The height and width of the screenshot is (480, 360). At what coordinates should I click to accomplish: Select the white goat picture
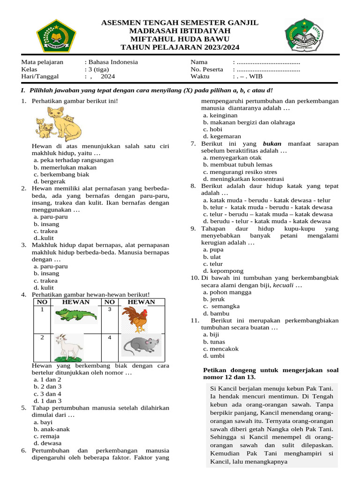pyautogui.click(x=68, y=347)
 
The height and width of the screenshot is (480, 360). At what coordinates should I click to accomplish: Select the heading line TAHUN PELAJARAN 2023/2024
pyautogui.click(x=180, y=47)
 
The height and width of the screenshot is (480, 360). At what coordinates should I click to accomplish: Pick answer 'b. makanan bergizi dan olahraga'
pyautogui.click(x=249, y=122)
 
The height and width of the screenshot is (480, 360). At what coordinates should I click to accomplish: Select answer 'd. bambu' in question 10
pyautogui.click(x=216, y=313)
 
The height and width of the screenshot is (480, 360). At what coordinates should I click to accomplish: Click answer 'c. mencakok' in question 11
pyautogui.click(x=221, y=349)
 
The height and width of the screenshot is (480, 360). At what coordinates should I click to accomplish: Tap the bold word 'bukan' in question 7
pyautogui.click(x=272, y=143)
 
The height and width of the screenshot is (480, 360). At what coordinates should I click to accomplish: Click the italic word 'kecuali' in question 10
pyautogui.click(x=284, y=285)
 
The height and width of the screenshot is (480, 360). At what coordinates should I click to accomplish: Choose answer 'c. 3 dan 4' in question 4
pyautogui.click(x=47, y=394)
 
